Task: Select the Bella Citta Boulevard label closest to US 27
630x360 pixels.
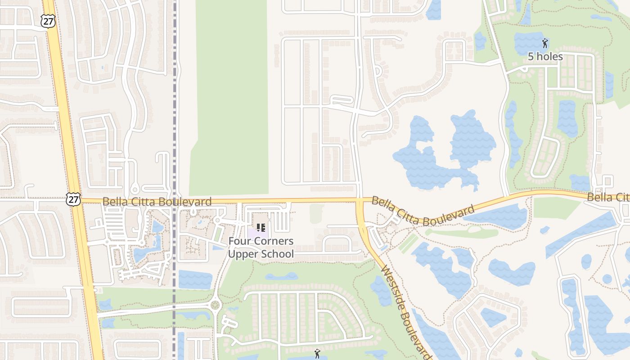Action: click(157, 202)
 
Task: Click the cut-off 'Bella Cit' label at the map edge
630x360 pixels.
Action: click(607, 197)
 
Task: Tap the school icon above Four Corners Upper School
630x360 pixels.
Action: click(261, 228)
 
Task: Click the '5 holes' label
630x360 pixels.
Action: click(545, 56)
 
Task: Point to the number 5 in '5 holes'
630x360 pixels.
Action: click(531, 56)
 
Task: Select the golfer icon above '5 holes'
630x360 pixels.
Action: click(545, 44)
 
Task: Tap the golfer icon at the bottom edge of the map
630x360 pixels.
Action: click(317, 354)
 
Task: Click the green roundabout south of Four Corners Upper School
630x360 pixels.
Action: click(216, 306)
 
